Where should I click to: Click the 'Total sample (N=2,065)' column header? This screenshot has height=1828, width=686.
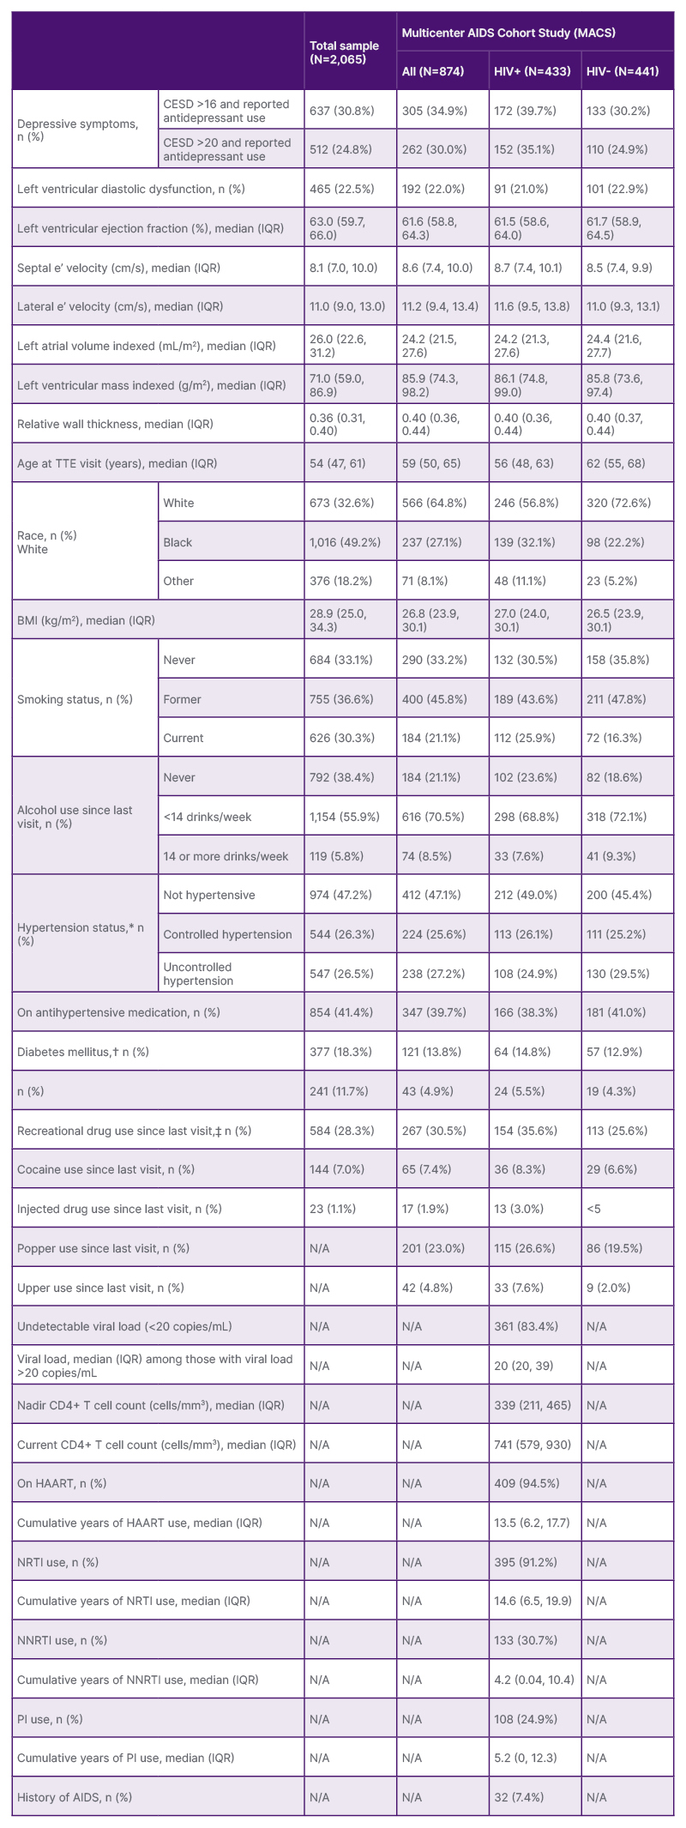[344, 52]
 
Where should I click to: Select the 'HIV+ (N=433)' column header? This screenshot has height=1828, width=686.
[532, 71]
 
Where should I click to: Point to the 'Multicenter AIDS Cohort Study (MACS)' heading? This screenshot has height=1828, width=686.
[508, 33]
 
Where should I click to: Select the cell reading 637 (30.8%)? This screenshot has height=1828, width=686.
[340, 111]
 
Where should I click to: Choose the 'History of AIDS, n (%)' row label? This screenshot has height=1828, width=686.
[76, 1797]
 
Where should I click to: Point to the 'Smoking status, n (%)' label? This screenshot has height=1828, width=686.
[75, 699]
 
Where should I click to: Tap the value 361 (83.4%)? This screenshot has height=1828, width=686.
[525, 1326]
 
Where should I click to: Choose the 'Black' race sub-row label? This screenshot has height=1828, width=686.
[178, 542]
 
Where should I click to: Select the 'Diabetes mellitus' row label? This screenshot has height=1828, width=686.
[82, 1052]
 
